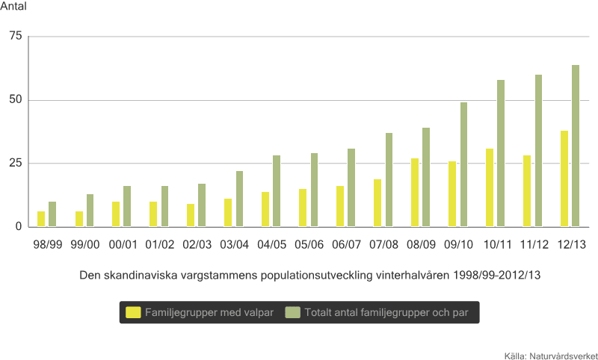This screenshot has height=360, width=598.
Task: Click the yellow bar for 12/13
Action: coord(564,179)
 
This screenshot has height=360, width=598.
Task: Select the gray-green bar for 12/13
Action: coord(576,146)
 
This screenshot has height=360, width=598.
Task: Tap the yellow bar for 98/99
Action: coord(41,219)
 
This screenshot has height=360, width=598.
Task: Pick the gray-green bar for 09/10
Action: coord(463,164)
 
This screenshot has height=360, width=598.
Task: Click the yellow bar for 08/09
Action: coord(415,192)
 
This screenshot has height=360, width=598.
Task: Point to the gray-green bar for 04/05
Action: coord(277,190)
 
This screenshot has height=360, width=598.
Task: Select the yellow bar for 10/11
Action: coord(490,187)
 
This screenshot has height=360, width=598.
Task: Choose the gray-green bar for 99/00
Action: coord(90,210)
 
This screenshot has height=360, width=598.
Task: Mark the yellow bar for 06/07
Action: coord(340,206)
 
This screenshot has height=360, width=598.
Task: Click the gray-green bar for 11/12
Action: coord(538,150)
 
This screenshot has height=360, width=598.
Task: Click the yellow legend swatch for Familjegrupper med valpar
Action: coord(134,312)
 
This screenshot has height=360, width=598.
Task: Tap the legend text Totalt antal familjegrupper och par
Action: coord(386,312)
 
